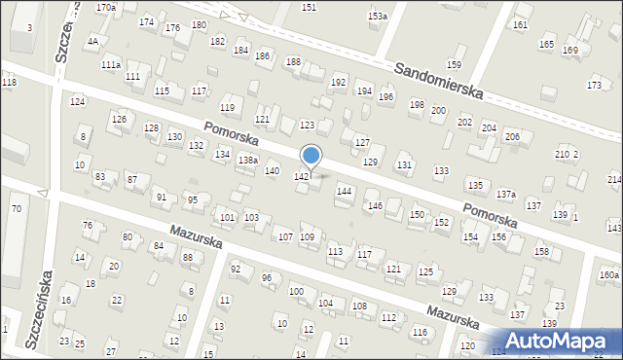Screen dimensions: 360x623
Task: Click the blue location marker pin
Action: (x=311, y=156)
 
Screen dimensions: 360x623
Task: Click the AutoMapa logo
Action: (x=560, y=341)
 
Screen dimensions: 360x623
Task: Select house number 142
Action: (x=302, y=176)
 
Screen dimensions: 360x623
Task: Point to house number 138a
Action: (x=248, y=161)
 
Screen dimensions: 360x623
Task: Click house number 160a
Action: (x=609, y=275)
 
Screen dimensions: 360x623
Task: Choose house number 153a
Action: (x=377, y=17)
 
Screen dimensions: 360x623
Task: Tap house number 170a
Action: (x=106, y=7)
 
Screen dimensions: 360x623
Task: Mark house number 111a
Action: (x=111, y=65)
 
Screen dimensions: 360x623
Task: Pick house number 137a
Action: (x=506, y=195)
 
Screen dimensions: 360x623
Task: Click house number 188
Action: (x=293, y=62)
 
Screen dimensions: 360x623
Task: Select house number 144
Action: (x=344, y=192)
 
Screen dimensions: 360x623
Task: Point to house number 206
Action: (x=512, y=136)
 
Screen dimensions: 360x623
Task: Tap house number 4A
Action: (x=92, y=42)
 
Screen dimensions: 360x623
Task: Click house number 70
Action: (x=16, y=209)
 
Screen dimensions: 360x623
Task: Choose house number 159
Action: (x=454, y=65)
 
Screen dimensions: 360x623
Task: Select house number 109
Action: (x=307, y=237)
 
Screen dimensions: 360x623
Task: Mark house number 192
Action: (x=339, y=83)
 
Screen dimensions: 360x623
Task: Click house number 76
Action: (x=87, y=226)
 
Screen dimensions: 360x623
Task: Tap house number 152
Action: (x=441, y=223)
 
